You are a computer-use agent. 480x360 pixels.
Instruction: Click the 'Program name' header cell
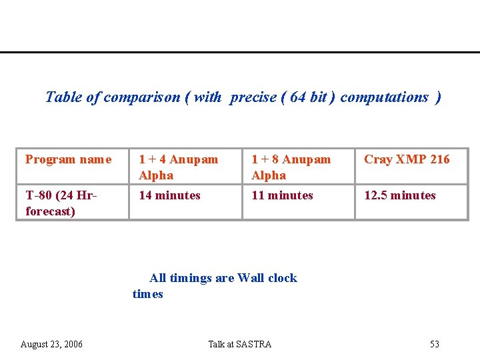(68, 159)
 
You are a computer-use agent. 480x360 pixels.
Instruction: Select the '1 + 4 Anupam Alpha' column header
(178, 167)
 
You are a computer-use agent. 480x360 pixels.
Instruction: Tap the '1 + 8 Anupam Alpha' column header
(291, 167)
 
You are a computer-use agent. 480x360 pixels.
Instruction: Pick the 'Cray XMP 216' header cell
(407, 159)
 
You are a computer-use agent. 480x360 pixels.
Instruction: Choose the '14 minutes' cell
(169, 195)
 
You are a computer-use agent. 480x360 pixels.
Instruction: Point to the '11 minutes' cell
(282, 195)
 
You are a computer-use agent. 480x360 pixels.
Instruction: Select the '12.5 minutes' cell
(399, 195)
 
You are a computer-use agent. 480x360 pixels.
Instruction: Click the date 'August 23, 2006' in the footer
(51, 344)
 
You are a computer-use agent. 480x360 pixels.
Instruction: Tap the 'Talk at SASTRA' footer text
(240, 344)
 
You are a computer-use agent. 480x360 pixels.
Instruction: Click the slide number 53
(435, 344)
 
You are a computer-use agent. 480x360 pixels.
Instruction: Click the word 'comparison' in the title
(142, 97)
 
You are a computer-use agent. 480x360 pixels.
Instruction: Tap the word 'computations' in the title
(384, 97)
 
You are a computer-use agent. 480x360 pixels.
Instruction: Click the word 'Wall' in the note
(251, 278)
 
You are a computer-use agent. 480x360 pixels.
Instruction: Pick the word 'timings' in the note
(191, 278)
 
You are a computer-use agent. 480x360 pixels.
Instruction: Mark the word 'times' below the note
(147, 294)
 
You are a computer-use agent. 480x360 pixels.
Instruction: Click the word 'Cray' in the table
(378, 159)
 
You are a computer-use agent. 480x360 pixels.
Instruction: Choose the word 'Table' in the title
(63, 97)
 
